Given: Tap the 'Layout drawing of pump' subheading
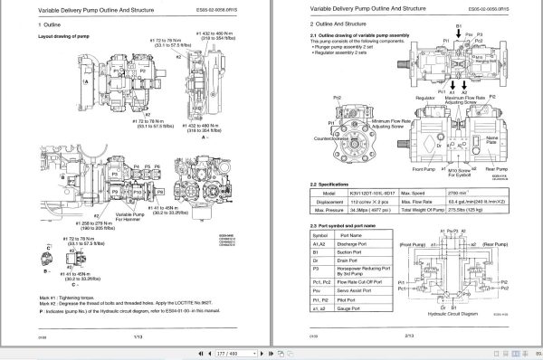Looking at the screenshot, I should [x=69, y=37].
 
